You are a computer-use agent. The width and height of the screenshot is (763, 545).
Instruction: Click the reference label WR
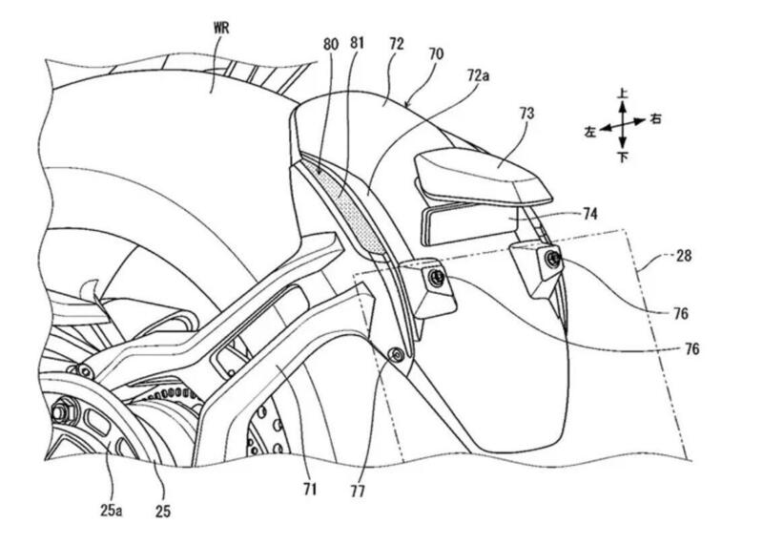coord(221,28)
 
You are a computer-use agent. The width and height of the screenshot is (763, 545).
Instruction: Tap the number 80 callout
coord(330,44)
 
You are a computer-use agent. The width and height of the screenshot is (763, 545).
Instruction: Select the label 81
coord(357,43)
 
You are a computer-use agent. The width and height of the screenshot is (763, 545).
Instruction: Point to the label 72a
coord(478,75)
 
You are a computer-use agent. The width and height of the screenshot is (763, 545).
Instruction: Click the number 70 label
coord(436,53)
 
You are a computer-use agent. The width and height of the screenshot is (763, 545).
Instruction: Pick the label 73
coord(526,114)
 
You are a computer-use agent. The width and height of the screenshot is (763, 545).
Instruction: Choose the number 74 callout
coord(589,214)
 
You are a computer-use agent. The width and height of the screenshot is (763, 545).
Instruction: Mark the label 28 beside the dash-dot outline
coord(683,255)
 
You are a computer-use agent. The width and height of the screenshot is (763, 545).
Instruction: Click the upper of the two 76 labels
coord(681,313)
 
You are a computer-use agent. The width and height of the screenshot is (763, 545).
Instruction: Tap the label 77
coord(358,492)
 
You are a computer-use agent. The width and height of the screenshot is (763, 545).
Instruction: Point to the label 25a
coord(112,511)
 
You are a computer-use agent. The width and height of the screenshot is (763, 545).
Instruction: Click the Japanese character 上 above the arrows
coord(622,93)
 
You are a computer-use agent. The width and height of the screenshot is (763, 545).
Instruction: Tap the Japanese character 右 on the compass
coord(655,118)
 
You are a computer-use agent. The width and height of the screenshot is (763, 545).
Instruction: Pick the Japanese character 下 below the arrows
coord(623,157)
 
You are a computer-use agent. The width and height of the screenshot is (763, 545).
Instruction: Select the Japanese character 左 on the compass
coord(590,132)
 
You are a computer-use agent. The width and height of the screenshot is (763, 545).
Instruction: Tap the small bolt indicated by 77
coord(398,354)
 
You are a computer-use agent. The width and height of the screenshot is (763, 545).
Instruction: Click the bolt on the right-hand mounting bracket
coord(552,259)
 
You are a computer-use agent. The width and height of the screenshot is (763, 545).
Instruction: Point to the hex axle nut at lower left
coord(60,413)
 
